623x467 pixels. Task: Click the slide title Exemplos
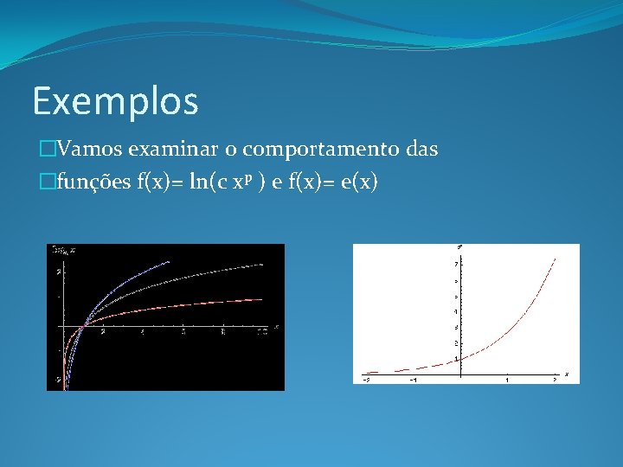(115, 101)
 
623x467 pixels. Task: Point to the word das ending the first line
(421, 150)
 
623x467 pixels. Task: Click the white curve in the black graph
(216, 274)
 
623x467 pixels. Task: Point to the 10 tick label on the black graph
(262, 333)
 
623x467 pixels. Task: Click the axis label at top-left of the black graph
(64, 250)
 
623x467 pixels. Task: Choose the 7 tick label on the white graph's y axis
(456, 263)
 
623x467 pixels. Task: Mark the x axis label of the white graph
(567, 374)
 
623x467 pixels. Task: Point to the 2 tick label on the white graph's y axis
(456, 343)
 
